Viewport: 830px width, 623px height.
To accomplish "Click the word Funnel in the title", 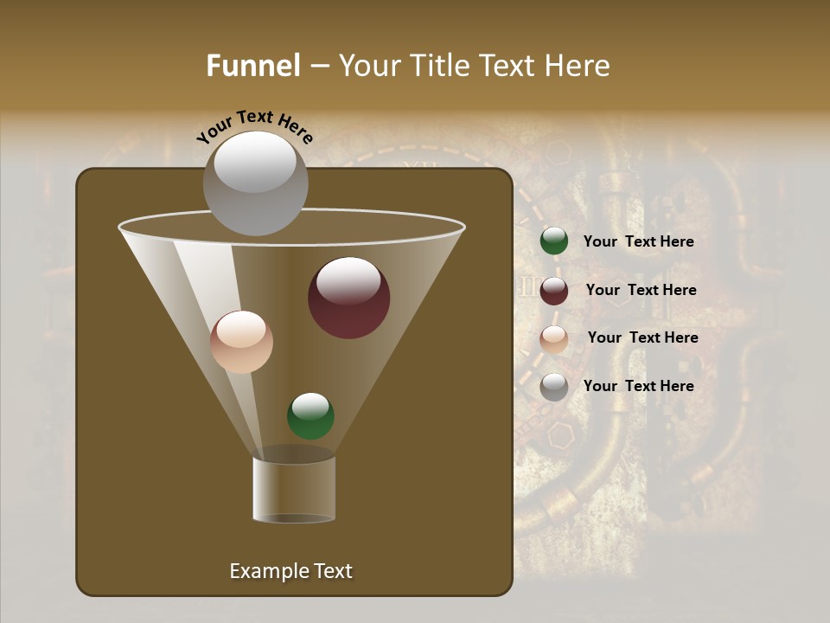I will [252, 66].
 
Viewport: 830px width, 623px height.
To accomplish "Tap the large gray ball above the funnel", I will [255, 183].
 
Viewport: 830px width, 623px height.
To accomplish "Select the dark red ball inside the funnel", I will [349, 299].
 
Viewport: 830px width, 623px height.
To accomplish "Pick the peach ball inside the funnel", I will [242, 342].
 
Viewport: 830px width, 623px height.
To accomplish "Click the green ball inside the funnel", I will [310, 416].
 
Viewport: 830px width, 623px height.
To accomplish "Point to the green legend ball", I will [554, 241].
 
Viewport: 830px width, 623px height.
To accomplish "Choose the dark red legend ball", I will [554, 291].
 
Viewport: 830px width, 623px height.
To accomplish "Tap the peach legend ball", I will [554, 339].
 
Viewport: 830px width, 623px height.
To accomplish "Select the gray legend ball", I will [554, 387].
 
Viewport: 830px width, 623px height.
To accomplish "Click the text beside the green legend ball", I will [638, 242].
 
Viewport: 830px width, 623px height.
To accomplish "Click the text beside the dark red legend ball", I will [641, 291].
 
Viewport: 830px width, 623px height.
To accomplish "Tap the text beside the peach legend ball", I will [642, 338].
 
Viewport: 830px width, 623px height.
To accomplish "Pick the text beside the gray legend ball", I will [638, 387].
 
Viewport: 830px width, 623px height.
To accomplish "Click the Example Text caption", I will [290, 571].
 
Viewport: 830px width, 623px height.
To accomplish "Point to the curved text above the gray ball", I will [254, 125].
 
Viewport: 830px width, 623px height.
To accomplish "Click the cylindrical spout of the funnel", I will [294, 489].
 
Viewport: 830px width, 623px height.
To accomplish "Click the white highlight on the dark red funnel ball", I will [349, 280].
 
